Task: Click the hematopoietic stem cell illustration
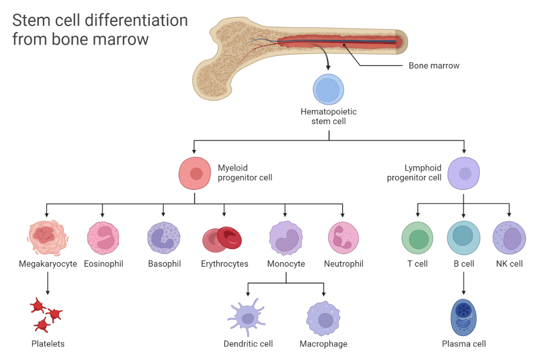point(328,90)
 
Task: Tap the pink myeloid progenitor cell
point(195,174)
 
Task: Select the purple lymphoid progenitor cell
point(464,174)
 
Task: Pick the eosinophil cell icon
point(103,238)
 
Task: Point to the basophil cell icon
point(164,238)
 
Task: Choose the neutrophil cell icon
point(343,238)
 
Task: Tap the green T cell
point(417,238)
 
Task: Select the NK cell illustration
point(509,238)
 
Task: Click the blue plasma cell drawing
point(463,318)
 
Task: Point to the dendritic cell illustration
point(247,317)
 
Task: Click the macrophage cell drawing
point(323,319)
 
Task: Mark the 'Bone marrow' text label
point(434,66)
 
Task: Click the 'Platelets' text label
point(48,344)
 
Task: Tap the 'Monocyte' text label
point(286,264)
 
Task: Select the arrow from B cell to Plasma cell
point(464,283)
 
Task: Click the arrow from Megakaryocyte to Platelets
point(48,283)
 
